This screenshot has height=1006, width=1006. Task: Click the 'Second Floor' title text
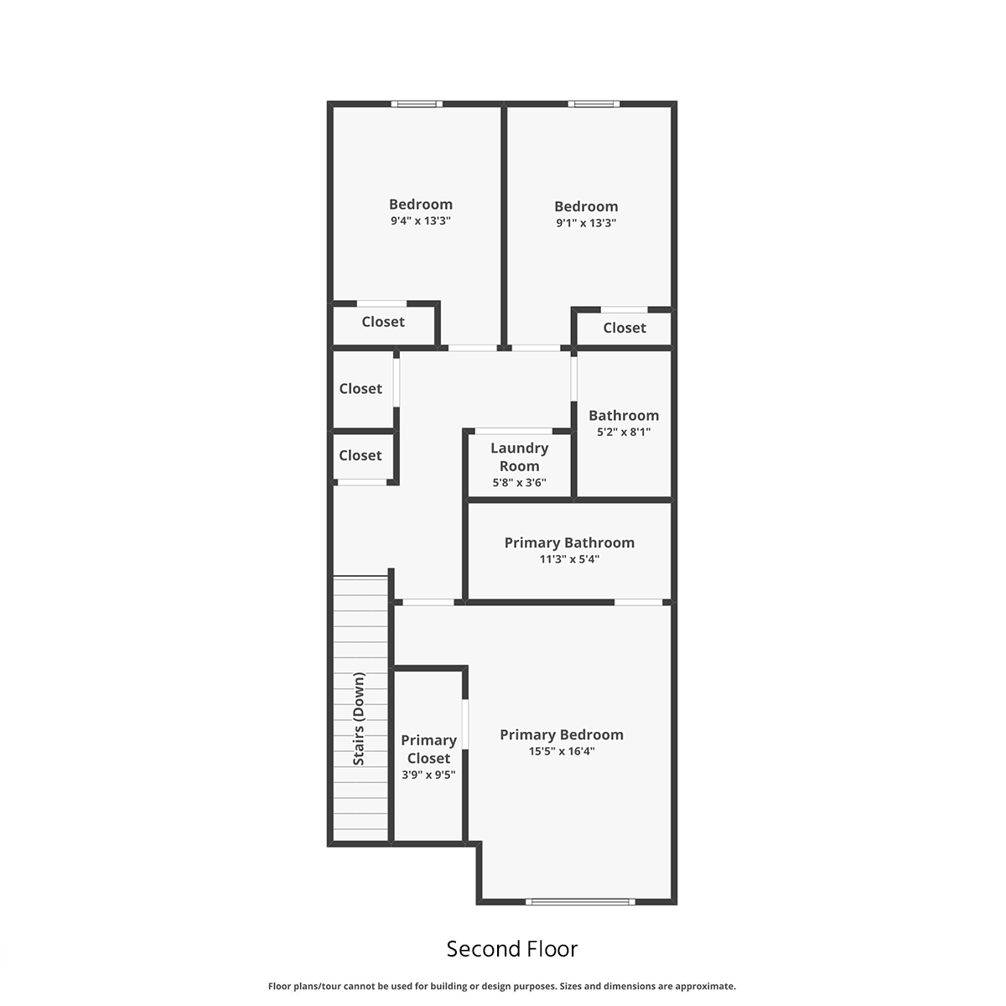coord(511,948)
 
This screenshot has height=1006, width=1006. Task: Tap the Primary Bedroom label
coord(561,734)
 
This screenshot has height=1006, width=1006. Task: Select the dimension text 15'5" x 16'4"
coord(561,751)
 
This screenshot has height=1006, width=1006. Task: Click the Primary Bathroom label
coord(569,543)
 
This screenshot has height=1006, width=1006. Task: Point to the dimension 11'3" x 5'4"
coord(569,559)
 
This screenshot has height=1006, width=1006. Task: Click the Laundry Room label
coord(519,457)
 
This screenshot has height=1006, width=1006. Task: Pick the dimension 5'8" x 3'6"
coord(519,482)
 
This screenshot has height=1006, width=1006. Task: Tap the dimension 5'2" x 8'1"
coord(624,432)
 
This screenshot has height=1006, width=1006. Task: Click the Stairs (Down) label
coord(359,718)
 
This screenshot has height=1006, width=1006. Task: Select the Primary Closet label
coord(428,749)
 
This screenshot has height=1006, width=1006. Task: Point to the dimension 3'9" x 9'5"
coord(428,775)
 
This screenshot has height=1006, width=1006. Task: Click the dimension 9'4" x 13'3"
coord(420,220)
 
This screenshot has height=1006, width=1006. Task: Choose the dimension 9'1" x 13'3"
coord(586,223)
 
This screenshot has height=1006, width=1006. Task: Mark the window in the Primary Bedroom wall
coord(580,901)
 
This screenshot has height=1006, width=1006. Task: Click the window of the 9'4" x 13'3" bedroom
coord(417,104)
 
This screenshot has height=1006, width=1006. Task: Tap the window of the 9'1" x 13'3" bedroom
coord(594,104)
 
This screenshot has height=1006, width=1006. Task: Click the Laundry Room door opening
coord(513,431)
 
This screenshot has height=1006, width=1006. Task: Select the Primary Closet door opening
coord(465,724)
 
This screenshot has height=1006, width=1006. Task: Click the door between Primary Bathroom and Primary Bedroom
coord(638,603)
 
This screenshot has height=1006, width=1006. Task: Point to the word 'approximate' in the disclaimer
coord(705,986)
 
